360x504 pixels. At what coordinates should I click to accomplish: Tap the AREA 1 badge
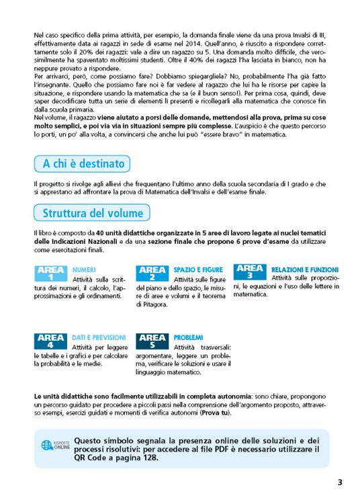click(x=51, y=274)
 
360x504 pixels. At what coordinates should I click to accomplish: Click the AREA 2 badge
click(x=152, y=274)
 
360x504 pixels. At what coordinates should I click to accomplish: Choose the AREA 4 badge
click(x=51, y=341)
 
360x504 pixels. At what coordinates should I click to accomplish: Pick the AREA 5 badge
click(x=152, y=341)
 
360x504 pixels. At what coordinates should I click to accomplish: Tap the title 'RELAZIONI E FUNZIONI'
click(x=299, y=268)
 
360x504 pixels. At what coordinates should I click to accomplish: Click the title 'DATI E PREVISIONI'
click(x=99, y=337)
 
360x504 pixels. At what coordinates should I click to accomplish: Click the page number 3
click(x=339, y=482)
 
